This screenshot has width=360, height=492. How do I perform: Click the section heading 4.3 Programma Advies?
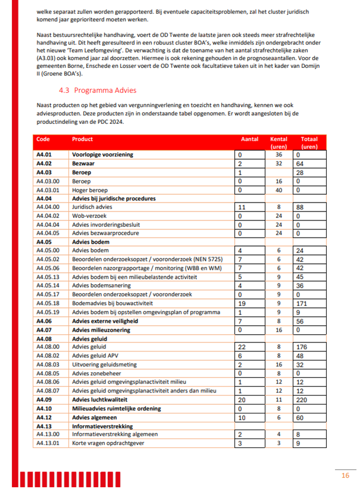(98, 91)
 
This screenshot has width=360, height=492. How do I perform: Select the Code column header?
(43, 139)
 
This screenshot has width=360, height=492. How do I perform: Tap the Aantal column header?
(249, 139)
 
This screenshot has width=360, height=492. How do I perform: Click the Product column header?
(82, 139)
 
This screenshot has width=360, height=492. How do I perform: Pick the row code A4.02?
(45, 163)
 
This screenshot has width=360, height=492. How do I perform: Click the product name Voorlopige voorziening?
(102, 154)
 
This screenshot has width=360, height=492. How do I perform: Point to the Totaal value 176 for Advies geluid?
(303, 347)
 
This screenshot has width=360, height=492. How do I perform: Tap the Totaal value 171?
(303, 303)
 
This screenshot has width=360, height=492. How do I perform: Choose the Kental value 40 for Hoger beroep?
(278, 189)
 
